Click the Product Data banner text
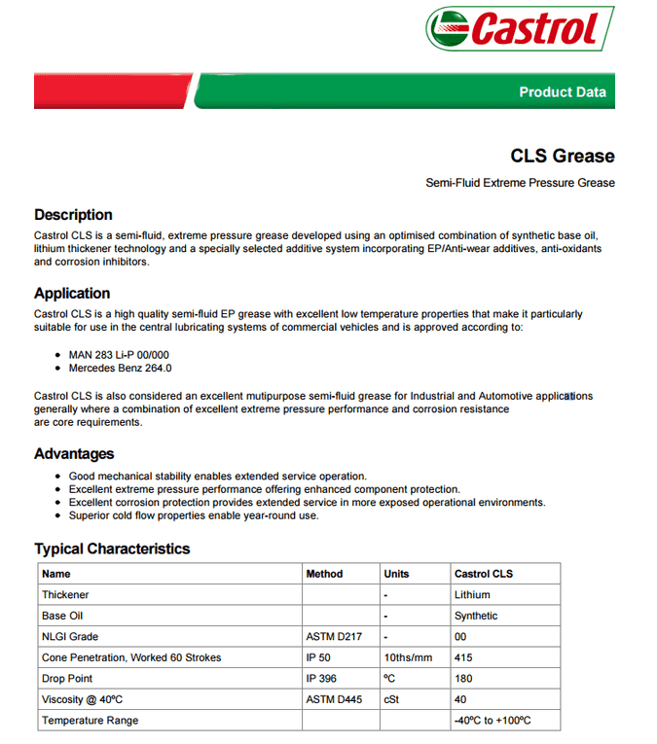[562, 92]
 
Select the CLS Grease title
[563, 156]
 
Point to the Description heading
[73, 215]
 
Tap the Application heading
[72, 294]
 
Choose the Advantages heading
[74, 454]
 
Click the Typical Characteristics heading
[112, 549]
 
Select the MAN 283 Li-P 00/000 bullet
[119, 355]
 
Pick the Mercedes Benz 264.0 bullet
[120, 369]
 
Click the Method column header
[324, 574]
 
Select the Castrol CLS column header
[484, 574]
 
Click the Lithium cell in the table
[472, 594]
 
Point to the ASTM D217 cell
[334, 637]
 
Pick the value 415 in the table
[464, 657]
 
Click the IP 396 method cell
[321, 679]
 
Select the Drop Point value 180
[464, 679]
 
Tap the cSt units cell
[391, 699]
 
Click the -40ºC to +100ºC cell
[493, 721]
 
